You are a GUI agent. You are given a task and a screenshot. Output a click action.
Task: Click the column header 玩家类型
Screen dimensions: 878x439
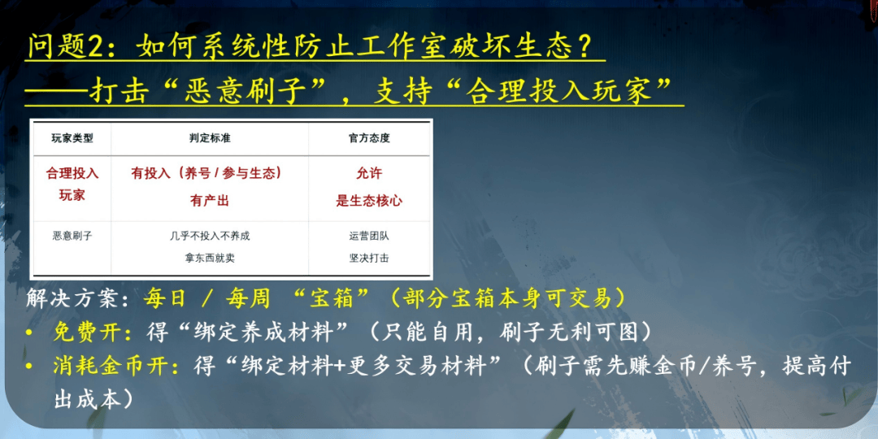click(x=72, y=138)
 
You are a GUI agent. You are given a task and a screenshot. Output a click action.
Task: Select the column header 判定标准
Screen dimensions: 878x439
click(x=210, y=138)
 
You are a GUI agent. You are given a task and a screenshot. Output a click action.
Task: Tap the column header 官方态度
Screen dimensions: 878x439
click(x=369, y=138)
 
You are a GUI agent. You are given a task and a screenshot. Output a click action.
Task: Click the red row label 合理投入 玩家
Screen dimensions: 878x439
click(x=72, y=185)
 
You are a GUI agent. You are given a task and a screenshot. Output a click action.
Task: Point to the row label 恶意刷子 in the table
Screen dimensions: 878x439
click(x=72, y=236)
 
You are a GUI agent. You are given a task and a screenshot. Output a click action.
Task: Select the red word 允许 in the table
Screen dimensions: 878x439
click(x=369, y=174)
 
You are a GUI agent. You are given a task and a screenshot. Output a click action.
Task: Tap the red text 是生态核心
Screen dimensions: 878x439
click(x=369, y=202)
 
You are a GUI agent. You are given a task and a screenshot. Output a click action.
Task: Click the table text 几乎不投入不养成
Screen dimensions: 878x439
click(x=210, y=236)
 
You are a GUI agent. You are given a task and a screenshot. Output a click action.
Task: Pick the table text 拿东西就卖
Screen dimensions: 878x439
click(x=210, y=259)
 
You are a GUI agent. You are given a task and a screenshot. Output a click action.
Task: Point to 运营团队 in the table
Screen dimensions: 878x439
click(x=369, y=236)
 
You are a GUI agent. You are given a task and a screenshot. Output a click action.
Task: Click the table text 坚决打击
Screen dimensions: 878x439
click(x=369, y=259)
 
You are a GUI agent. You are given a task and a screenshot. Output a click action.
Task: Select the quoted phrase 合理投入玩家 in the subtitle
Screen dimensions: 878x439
click(x=563, y=92)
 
